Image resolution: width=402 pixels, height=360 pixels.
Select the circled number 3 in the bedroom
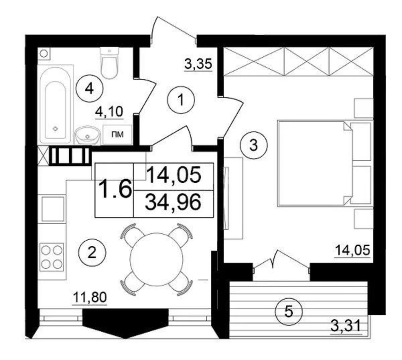(254, 145)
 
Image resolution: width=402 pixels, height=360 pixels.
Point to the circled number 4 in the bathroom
(89, 88)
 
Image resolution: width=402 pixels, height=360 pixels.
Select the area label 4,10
(109, 111)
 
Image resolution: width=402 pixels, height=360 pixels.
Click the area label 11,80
(90, 297)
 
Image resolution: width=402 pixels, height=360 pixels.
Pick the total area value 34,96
(173, 203)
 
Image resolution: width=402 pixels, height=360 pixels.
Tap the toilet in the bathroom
(110, 63)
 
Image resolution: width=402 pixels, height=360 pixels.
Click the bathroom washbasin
(87, 136)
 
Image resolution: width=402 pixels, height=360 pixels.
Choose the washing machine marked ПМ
(117, 135)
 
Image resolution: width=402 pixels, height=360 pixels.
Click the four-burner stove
(52, 257)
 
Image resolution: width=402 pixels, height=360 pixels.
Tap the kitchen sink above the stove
(53, 209)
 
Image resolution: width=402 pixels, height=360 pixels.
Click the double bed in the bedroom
(315, 163)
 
